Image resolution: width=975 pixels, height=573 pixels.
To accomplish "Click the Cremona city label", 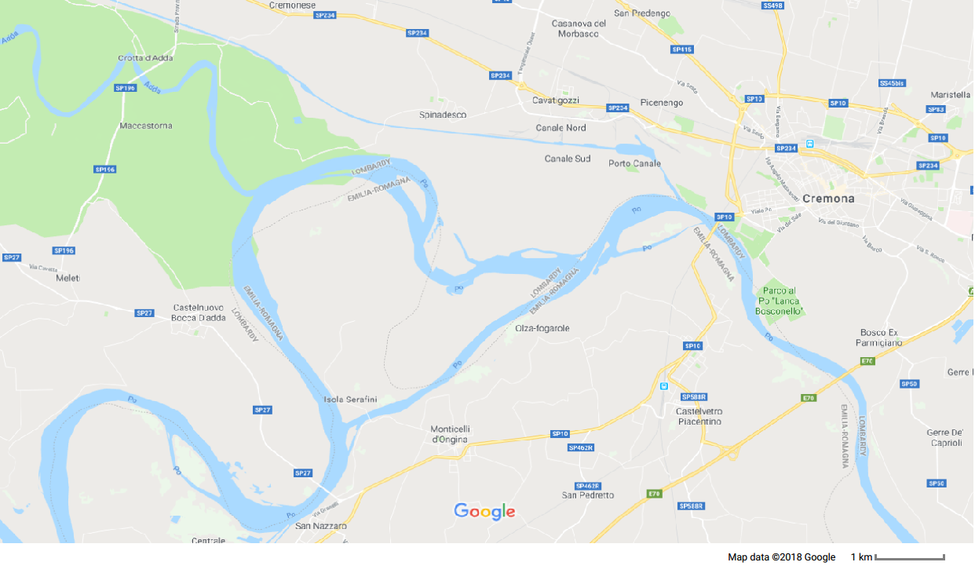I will (x=828, y=199).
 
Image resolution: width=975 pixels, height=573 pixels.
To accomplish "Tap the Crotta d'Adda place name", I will (x=145, y=58).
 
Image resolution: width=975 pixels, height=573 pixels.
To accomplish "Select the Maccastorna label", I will (x=146, y=126).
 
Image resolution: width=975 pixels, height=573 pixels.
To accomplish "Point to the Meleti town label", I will (x=68, y=278).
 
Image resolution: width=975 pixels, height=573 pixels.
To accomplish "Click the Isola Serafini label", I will (x=350, y=400).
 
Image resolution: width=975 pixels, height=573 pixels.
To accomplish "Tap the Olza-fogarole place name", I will (x=542, y=328).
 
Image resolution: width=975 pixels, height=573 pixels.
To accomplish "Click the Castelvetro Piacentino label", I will (x=699, y=416).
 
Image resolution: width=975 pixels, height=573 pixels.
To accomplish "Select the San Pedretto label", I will (x=587, y=495).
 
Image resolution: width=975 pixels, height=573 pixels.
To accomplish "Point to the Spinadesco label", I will (x=443, y=115).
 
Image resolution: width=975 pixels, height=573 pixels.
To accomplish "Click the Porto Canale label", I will (x=634, y=163).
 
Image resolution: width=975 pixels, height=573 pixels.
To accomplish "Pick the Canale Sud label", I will (x=568, y=159).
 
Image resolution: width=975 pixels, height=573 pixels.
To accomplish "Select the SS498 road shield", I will (x=772, y=5).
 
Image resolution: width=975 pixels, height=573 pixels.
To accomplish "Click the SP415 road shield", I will (x=682, y=49).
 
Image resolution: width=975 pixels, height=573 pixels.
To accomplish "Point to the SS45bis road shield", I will (x=892, y=82).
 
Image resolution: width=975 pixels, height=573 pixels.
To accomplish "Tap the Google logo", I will (x=484, y=512).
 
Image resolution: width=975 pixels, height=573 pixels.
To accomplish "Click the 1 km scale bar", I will (x=909, y=557).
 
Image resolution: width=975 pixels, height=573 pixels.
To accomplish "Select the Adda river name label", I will (x=152, y=88).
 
